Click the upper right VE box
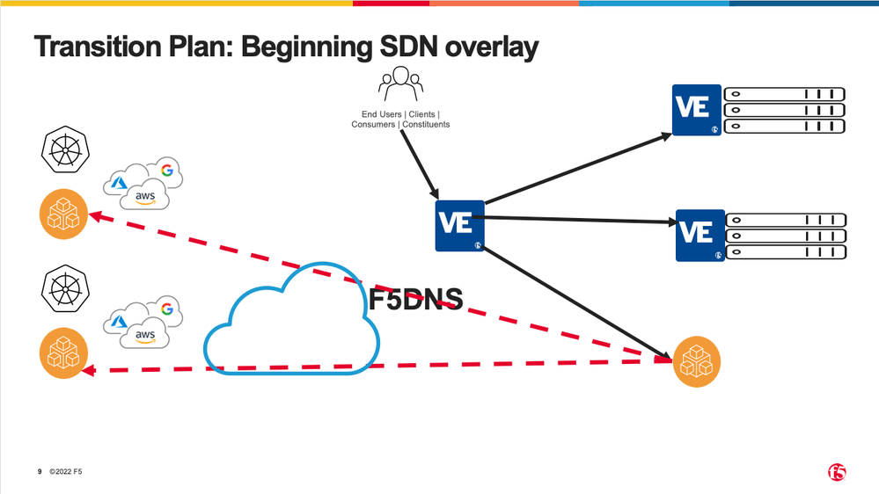(696, 110)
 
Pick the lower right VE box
(700, 235)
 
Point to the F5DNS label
(415, 300)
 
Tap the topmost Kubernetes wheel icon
(62, 151)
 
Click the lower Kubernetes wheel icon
(62, 290)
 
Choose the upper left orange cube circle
(63, 214)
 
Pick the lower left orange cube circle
(63, 353)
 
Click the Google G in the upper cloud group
(165, 170)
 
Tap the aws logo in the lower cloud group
(144, 335)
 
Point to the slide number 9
(40, 473)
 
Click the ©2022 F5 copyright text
(66, 473)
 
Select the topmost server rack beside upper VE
(784, 94)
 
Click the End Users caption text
(400, 120)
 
